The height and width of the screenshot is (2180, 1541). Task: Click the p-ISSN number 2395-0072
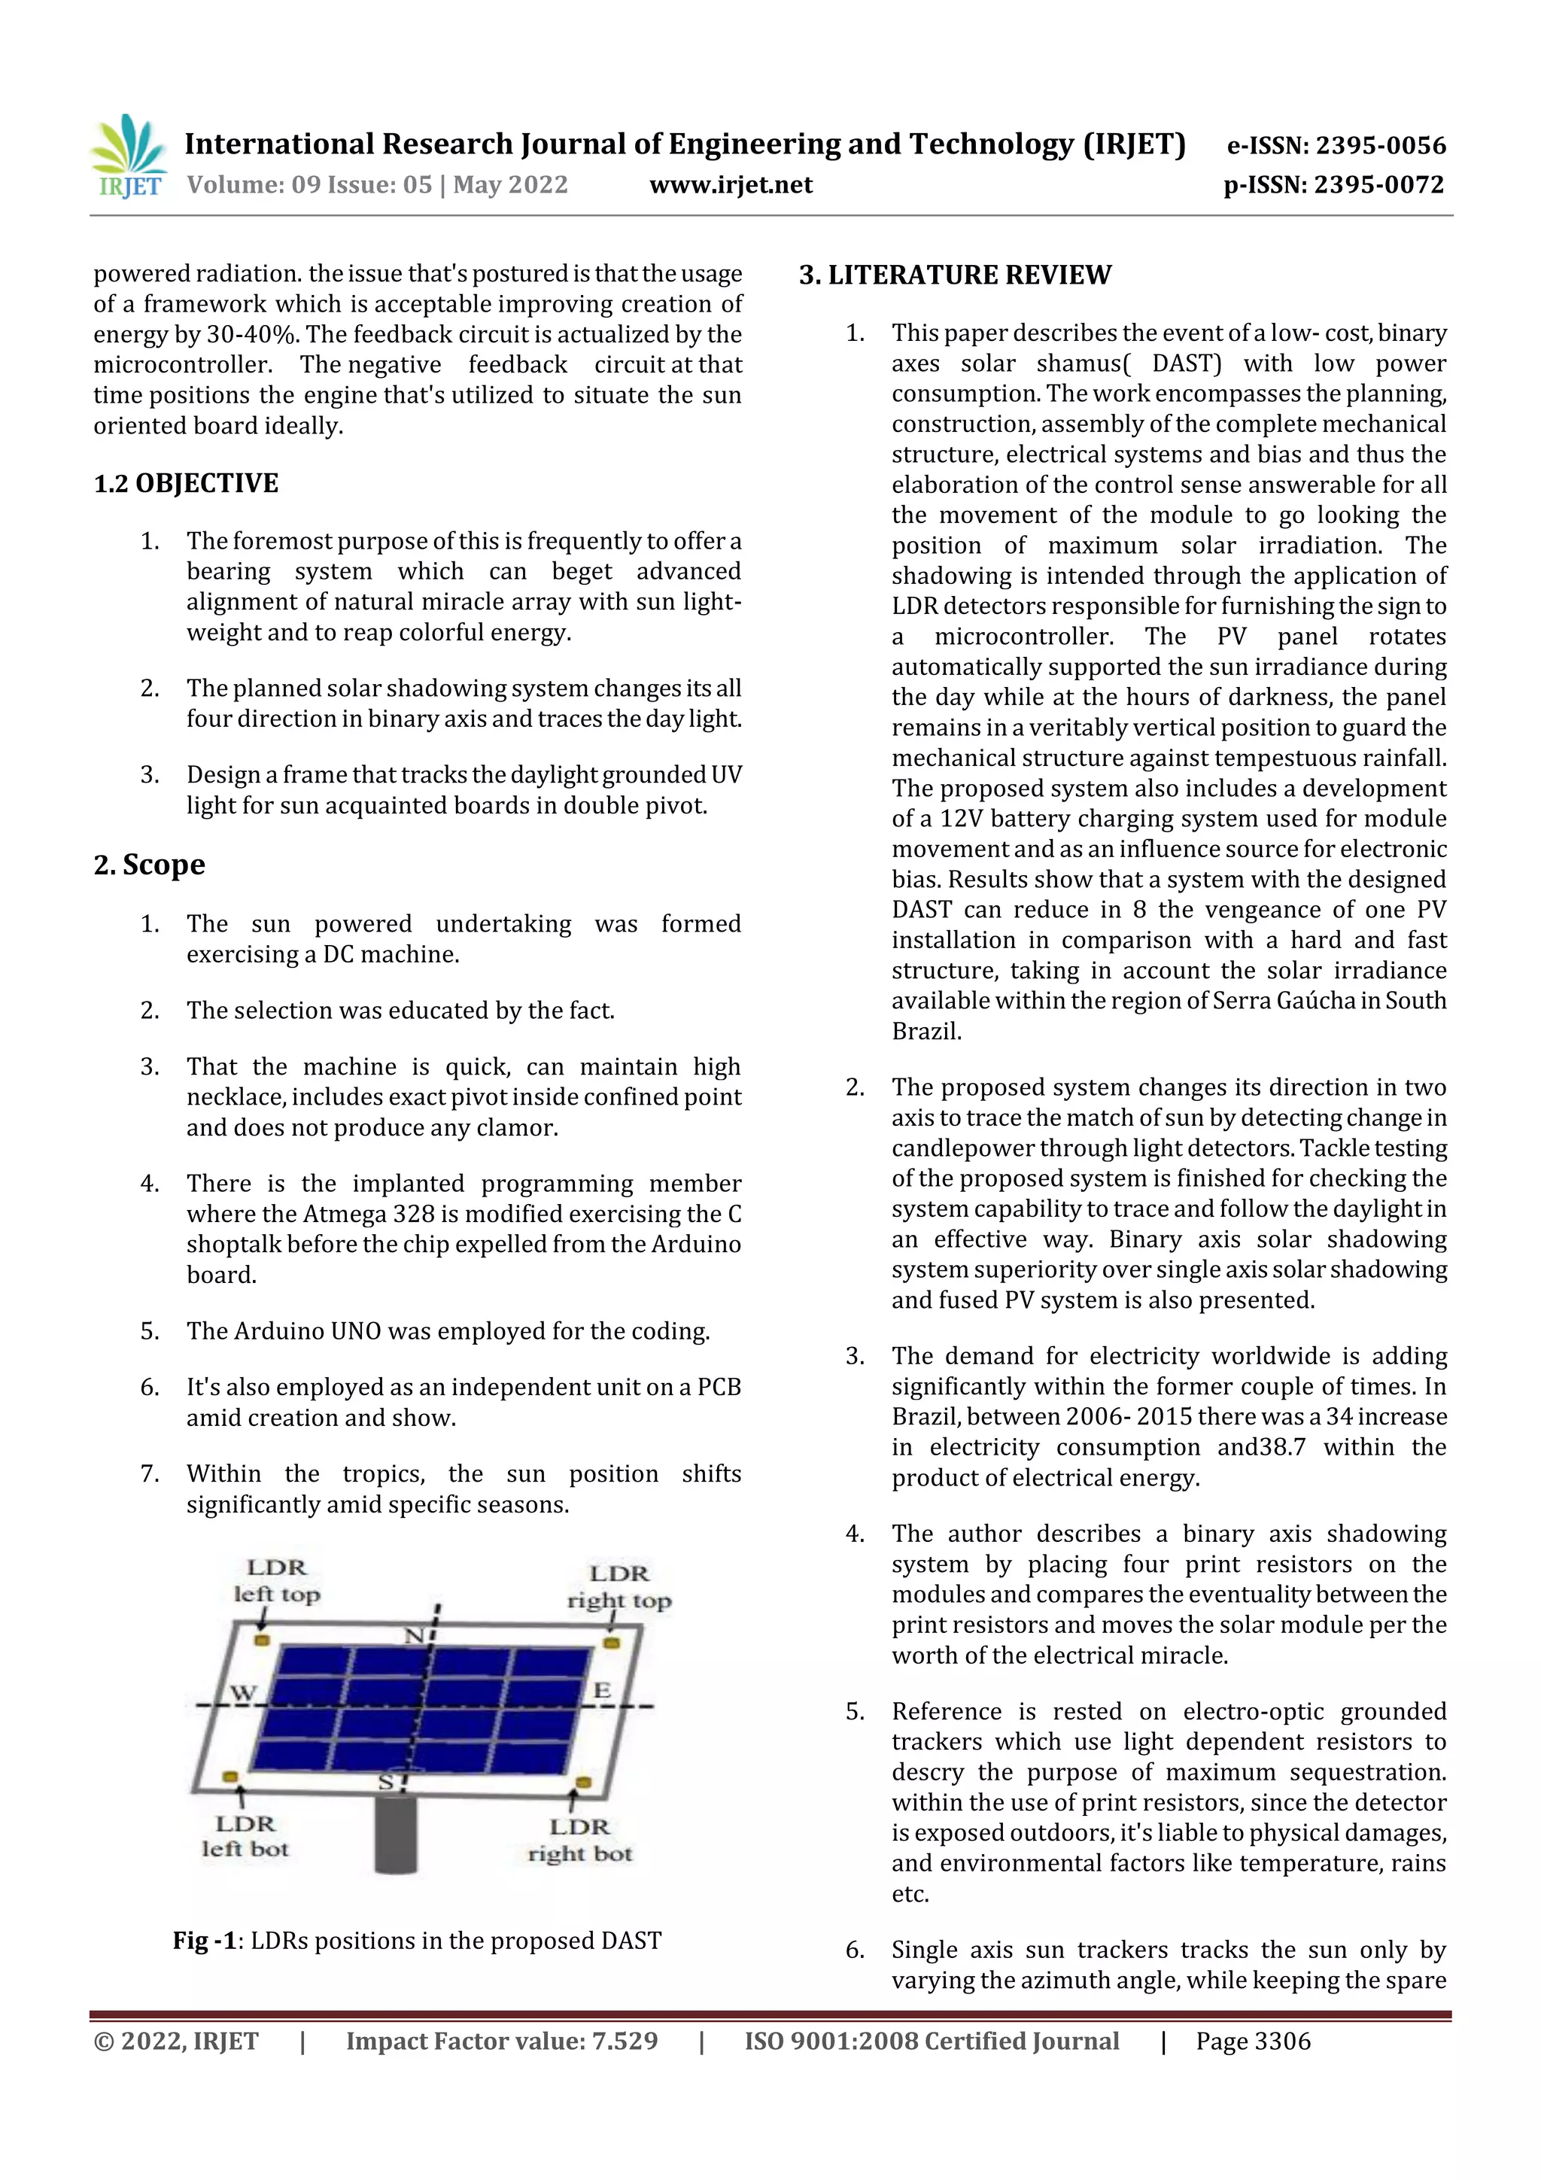tap(1378, 185)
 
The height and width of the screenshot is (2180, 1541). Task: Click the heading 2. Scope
tap(149, 865)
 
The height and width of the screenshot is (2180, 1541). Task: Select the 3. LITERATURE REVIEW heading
tap(954, 275)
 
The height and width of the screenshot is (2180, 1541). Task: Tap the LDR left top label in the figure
tap(277, 1581)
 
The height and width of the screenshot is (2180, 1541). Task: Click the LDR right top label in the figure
tap(619, 1586)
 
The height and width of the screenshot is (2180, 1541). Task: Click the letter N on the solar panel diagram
tap(415, 1636)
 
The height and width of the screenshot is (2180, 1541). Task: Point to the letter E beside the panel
tap(602, 1691)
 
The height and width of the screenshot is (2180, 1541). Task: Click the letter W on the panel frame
tap(243, 1693)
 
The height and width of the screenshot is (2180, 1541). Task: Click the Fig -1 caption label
tap(204, 1941)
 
